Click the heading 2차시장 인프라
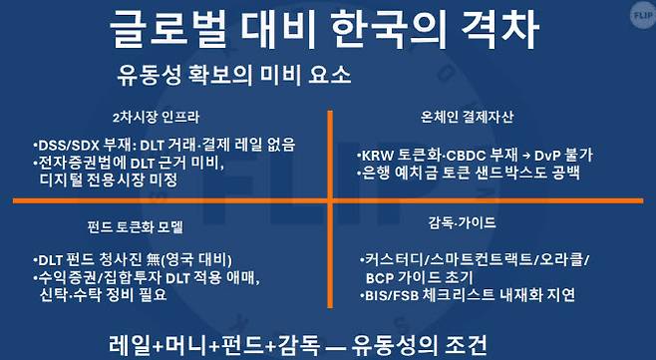(x=164, y=115)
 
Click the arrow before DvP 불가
(x=528, y=156)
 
